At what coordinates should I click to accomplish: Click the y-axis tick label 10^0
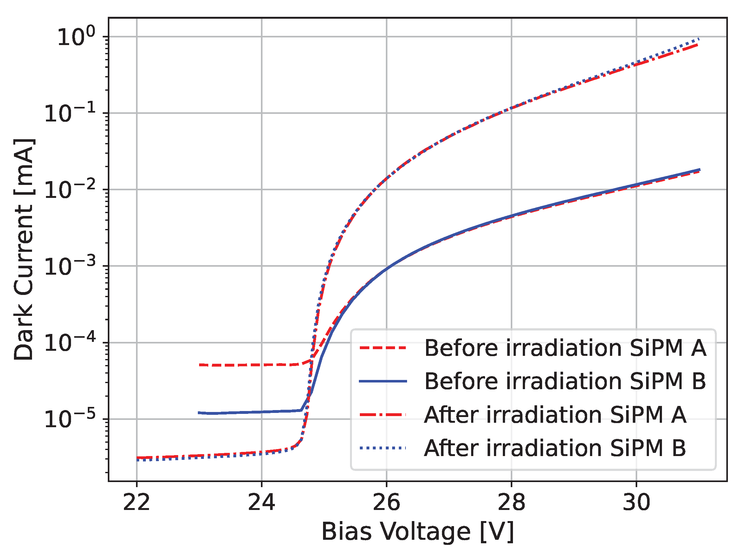[76, 37]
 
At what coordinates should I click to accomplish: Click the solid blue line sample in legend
[383, 381]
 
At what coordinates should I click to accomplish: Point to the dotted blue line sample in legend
[383, 448]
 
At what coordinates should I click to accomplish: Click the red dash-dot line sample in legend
[383, 415]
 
